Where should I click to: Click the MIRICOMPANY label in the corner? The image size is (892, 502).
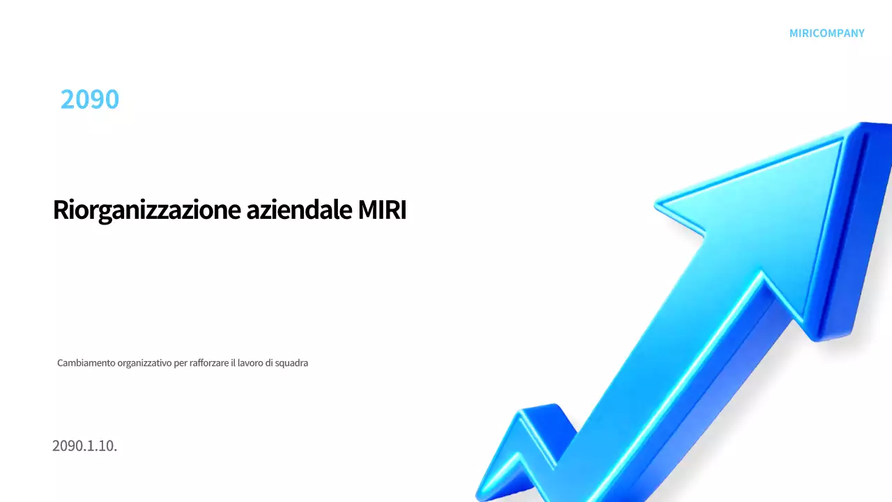pyautogui.click(x=826, y=33)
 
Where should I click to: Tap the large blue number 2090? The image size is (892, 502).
pyautogui.click(x=90, y=100)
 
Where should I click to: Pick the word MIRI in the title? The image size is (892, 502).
pyautogui.click(x=382, y=210)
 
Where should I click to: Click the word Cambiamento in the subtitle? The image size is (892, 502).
pyautogui.click(x=86, y=363)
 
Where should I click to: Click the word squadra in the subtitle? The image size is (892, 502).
pyautogui.click(x=292, y=363)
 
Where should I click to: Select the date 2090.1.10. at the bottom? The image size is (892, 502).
pyautogui.click(x=84, y=446)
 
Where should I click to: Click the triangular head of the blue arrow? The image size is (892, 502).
pyautogui.click(x=774, y=209)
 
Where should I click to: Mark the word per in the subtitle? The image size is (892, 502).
pyautogui.click(x=180, y=363)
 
